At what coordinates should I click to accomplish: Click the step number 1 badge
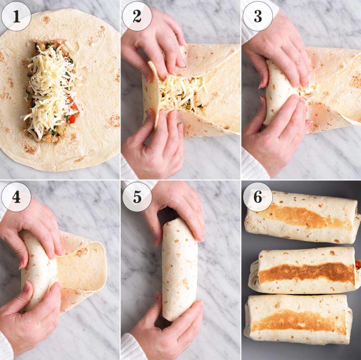click(16, 16)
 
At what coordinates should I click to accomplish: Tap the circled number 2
click(137, 16)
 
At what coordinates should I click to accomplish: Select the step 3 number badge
click(258, 16)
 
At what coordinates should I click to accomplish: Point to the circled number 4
click(16, 197)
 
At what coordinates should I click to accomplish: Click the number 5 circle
click(137, 197)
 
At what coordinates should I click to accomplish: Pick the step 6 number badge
click(258, 197)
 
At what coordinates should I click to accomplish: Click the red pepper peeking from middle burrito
click(358, 264)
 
